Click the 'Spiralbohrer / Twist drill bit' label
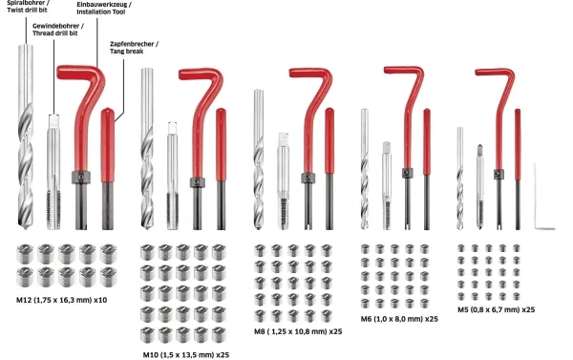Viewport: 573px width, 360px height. (28, 7)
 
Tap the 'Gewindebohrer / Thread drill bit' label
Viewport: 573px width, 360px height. (58, 30)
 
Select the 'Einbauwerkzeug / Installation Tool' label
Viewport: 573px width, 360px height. (104, 8)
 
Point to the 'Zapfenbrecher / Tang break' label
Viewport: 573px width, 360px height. (134, 48)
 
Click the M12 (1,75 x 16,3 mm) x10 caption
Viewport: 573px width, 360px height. (61, 300)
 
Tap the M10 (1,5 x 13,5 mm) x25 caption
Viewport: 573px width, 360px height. (186, 355)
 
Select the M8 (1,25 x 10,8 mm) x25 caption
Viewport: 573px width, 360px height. (298, 332)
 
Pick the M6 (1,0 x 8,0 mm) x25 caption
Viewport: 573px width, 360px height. (399, 319)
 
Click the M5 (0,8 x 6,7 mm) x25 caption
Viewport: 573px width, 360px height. (497, 310)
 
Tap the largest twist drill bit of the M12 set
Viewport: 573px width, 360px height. (26, 138)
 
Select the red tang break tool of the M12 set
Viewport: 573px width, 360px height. (107, 168)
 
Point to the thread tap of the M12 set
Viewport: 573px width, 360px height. (53, 172)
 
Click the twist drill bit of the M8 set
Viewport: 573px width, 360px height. (259, 159)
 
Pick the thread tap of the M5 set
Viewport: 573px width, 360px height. (479, 187)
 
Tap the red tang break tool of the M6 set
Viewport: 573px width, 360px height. (427, 169)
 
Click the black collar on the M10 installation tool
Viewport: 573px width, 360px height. (198, 182)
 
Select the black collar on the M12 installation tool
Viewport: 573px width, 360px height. (81, 178)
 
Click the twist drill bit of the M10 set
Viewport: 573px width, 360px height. (147, 148)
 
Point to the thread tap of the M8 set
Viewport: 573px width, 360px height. (283, 181)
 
